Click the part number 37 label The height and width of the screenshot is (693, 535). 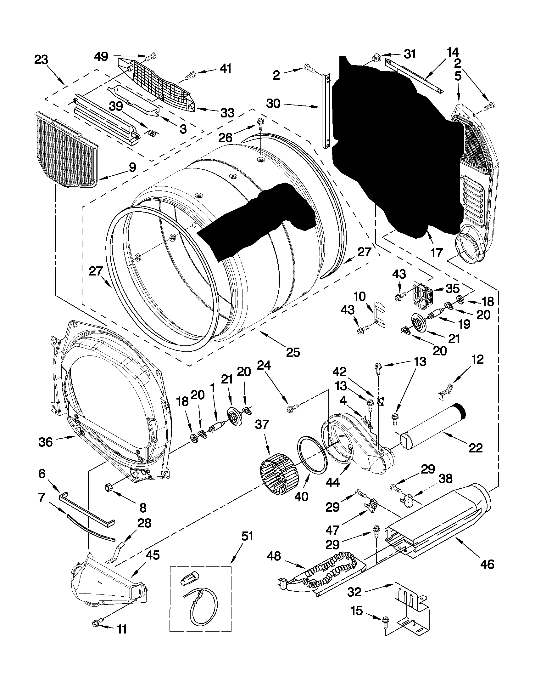(262, 424)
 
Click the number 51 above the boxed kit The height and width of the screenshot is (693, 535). (247, 536)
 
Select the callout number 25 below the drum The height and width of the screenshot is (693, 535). (293, 352)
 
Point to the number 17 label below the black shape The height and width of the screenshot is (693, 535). (436, 253)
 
